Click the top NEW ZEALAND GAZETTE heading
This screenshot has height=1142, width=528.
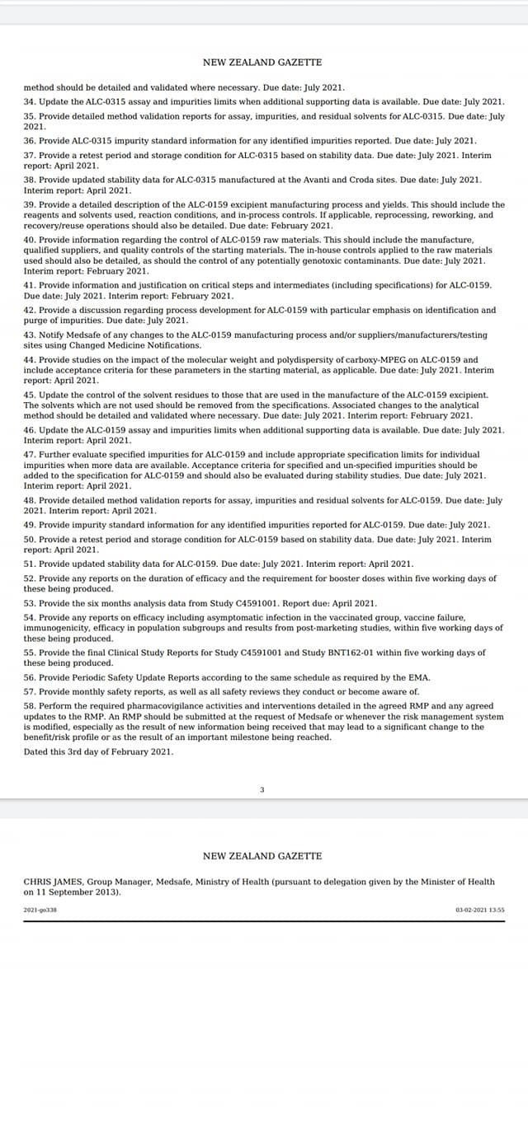coord(262,62)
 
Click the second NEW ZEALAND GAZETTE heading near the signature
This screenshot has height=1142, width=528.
coord(262,856)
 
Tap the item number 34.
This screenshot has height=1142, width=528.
coord(29,101)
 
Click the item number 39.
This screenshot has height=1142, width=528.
coord(29,204)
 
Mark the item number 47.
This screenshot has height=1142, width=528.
coord(29,454)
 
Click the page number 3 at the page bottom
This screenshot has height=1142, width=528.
coord(262,790)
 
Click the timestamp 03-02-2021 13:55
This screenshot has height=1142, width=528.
coord(479,910)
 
